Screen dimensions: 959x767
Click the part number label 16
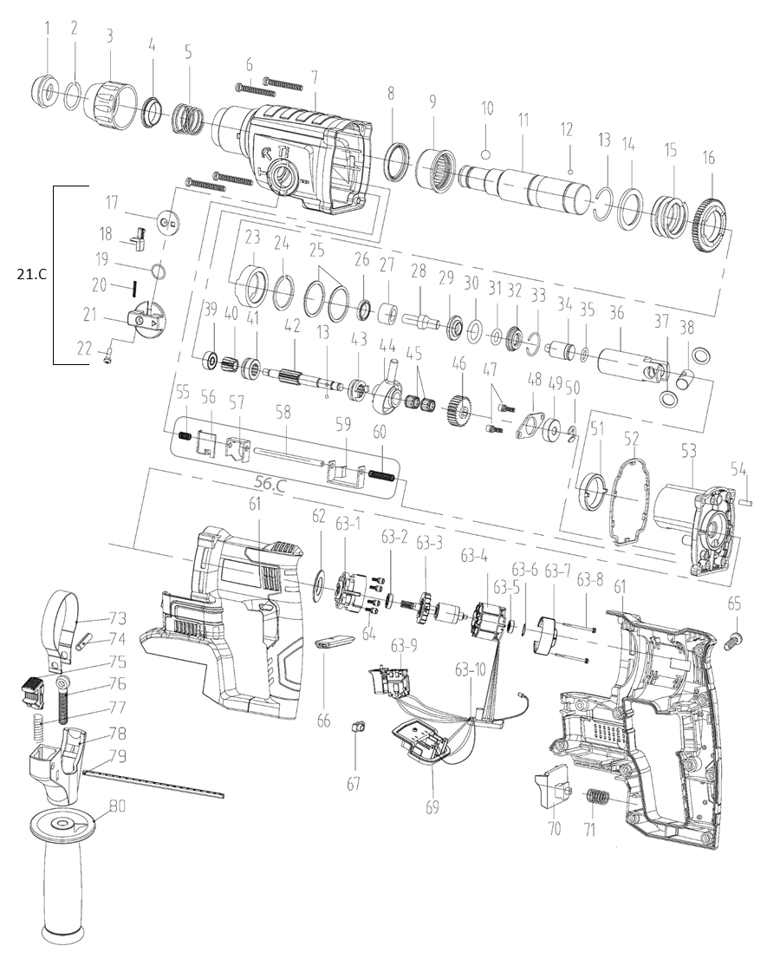[x=709, y=159]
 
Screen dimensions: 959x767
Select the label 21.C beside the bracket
[x=29, y=275]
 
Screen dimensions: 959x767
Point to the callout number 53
[x=689, y=452]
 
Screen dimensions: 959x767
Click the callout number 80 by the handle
[x=117, y=806]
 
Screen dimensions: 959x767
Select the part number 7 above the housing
[x=314, y=78]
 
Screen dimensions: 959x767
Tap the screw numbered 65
[x=732, y=643]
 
